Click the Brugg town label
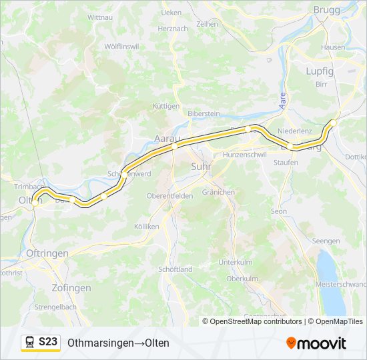(x=326, y=10)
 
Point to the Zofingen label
(x=71, y=288)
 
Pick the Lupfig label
(x=320, y=71)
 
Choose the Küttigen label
(x=166, y=106)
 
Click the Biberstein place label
(x=204, y=113)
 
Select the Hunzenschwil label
(x=245, y=154)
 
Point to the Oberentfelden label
(x=170, y=195)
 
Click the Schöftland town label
(x=176, y=269)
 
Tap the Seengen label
(x=326, y=241)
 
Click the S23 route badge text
(x=47, y=341)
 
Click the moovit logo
(x=316, y=343)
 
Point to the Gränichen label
(x=218, y=192)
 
